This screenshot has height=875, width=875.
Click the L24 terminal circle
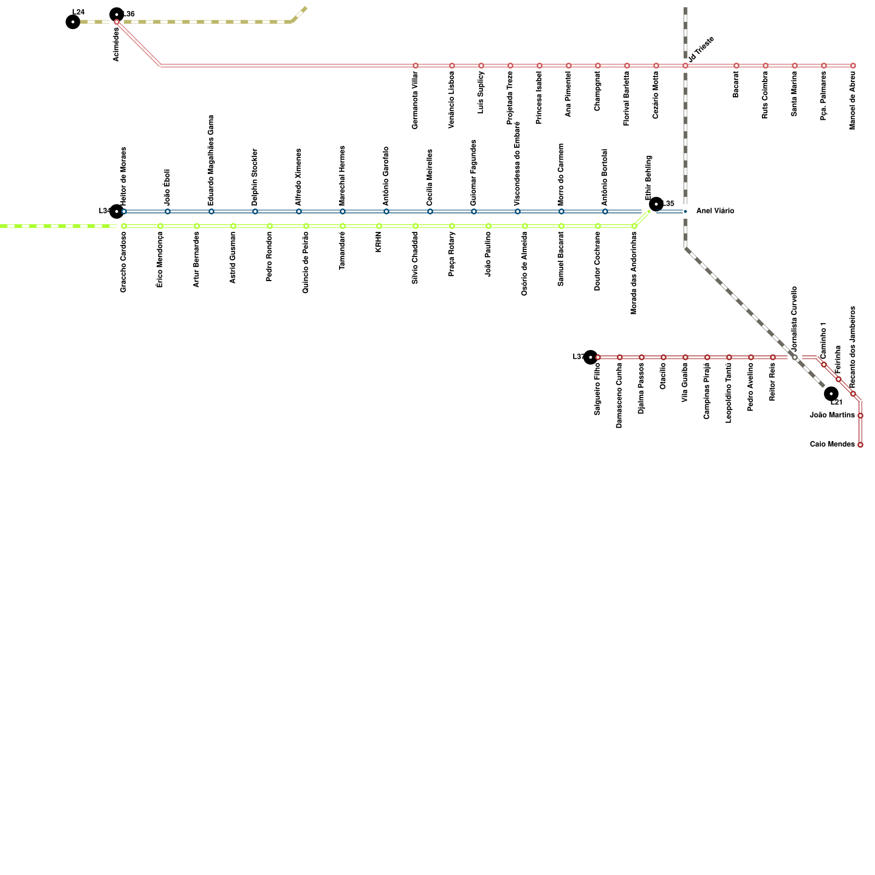[x=73, y=22]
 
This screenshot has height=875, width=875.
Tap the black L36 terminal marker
[x=116, y=14]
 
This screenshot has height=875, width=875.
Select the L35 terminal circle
[x=656, y=204]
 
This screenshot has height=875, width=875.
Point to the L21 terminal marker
[x=831, y=393]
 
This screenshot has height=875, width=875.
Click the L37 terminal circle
[x=590, y=357]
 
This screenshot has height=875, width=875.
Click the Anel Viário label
[x=715, y=211]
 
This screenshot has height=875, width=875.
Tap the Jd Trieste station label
[x=701, y=49]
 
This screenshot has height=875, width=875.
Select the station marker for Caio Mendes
[x=860, y=445]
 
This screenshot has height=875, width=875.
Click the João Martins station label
[x=832, y=416]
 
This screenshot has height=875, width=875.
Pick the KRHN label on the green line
[x=378, y=242]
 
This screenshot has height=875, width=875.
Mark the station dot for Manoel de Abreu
[x=853, y=66]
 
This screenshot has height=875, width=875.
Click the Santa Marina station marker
[x=795, y=66]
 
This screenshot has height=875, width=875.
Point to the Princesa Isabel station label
[x=539, y=101]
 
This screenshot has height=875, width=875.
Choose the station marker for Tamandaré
[x=342, y=226]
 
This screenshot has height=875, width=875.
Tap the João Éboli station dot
[x=167, y=211]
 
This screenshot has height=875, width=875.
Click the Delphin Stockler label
[x=255, y=177]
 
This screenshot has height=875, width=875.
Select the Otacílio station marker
[x=663, y=357]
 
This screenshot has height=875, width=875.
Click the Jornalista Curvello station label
[x=795, y=318]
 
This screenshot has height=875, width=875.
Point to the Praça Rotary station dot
[x=452, y=226]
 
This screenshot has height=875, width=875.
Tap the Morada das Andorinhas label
[x=634, y=273]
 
